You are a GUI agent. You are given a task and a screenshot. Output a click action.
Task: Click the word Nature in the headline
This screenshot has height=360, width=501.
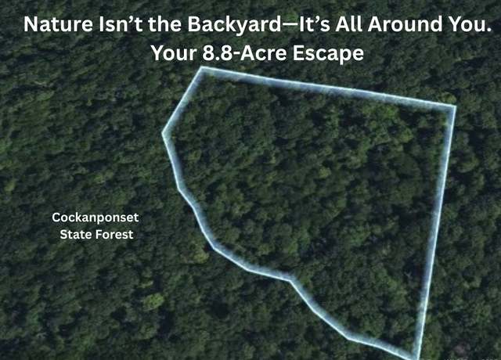59,24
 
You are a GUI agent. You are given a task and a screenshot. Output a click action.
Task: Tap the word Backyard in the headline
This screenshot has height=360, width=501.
234,24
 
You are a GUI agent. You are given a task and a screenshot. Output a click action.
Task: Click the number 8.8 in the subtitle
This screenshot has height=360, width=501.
218,53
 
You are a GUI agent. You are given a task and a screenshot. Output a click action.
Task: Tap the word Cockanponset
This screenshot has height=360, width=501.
96,218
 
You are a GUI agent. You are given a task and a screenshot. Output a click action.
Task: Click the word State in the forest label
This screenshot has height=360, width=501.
76,235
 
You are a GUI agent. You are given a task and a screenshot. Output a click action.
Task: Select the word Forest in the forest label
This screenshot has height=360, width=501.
114,235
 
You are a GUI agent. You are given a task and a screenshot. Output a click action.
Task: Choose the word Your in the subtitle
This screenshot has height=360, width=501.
174,53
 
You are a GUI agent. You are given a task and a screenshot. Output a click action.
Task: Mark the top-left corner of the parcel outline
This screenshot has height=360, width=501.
202,68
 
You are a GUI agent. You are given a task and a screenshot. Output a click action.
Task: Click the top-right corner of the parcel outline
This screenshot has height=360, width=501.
455,106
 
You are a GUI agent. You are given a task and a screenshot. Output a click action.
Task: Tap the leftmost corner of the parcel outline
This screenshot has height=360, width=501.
163,133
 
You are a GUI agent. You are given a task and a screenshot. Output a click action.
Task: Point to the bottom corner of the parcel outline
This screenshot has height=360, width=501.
416,358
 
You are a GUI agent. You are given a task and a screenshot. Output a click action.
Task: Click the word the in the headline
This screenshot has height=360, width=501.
165,24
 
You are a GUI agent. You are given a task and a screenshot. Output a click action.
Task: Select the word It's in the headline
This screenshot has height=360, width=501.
315,24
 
